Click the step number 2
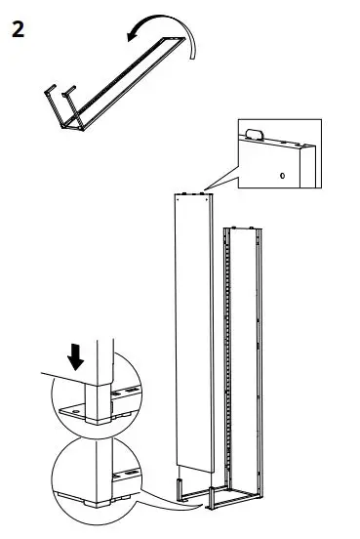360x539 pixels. [x=17, y=28]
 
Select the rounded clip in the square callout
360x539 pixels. [x=256, y=134]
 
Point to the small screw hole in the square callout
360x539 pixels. [x=282, y=176]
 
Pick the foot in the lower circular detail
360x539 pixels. [x=93, y=505]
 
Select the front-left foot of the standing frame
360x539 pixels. [x=212, y=502]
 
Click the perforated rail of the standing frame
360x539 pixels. [x=231, y=361]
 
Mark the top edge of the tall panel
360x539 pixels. [x=192, y=192]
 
